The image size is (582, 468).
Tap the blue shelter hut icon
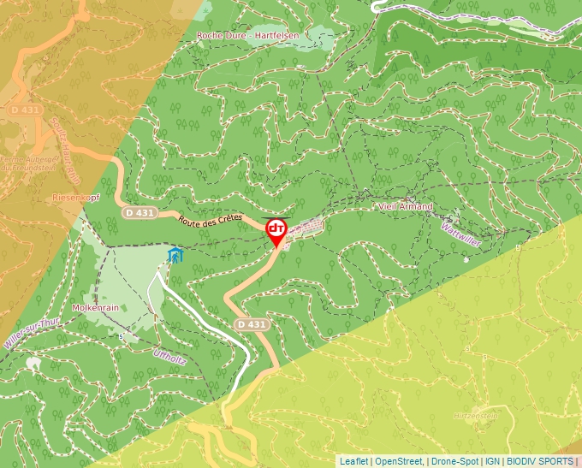175,255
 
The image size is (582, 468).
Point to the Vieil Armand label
406,207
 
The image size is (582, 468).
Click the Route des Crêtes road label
211,220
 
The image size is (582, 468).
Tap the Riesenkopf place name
78,197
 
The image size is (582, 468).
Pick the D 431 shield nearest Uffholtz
252,324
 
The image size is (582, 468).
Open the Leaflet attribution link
353,461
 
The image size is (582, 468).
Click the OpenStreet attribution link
399,461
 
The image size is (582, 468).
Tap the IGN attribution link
492,461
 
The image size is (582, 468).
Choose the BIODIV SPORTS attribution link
540,461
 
